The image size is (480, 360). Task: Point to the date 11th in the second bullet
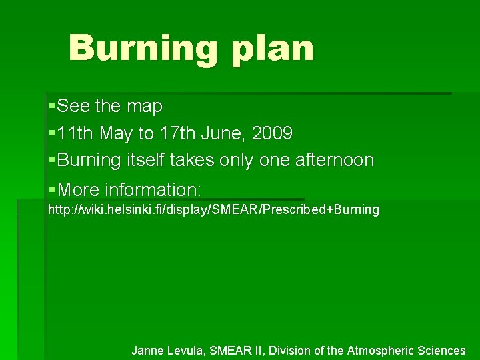tap(75, 133)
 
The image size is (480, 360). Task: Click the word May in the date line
tap(117, 134)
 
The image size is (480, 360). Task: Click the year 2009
tap(273, 133)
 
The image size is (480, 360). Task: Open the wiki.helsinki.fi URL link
tap(213, 210)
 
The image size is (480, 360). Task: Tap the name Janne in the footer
tap(149, 350)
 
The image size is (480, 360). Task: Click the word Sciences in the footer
tap(442, 350)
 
